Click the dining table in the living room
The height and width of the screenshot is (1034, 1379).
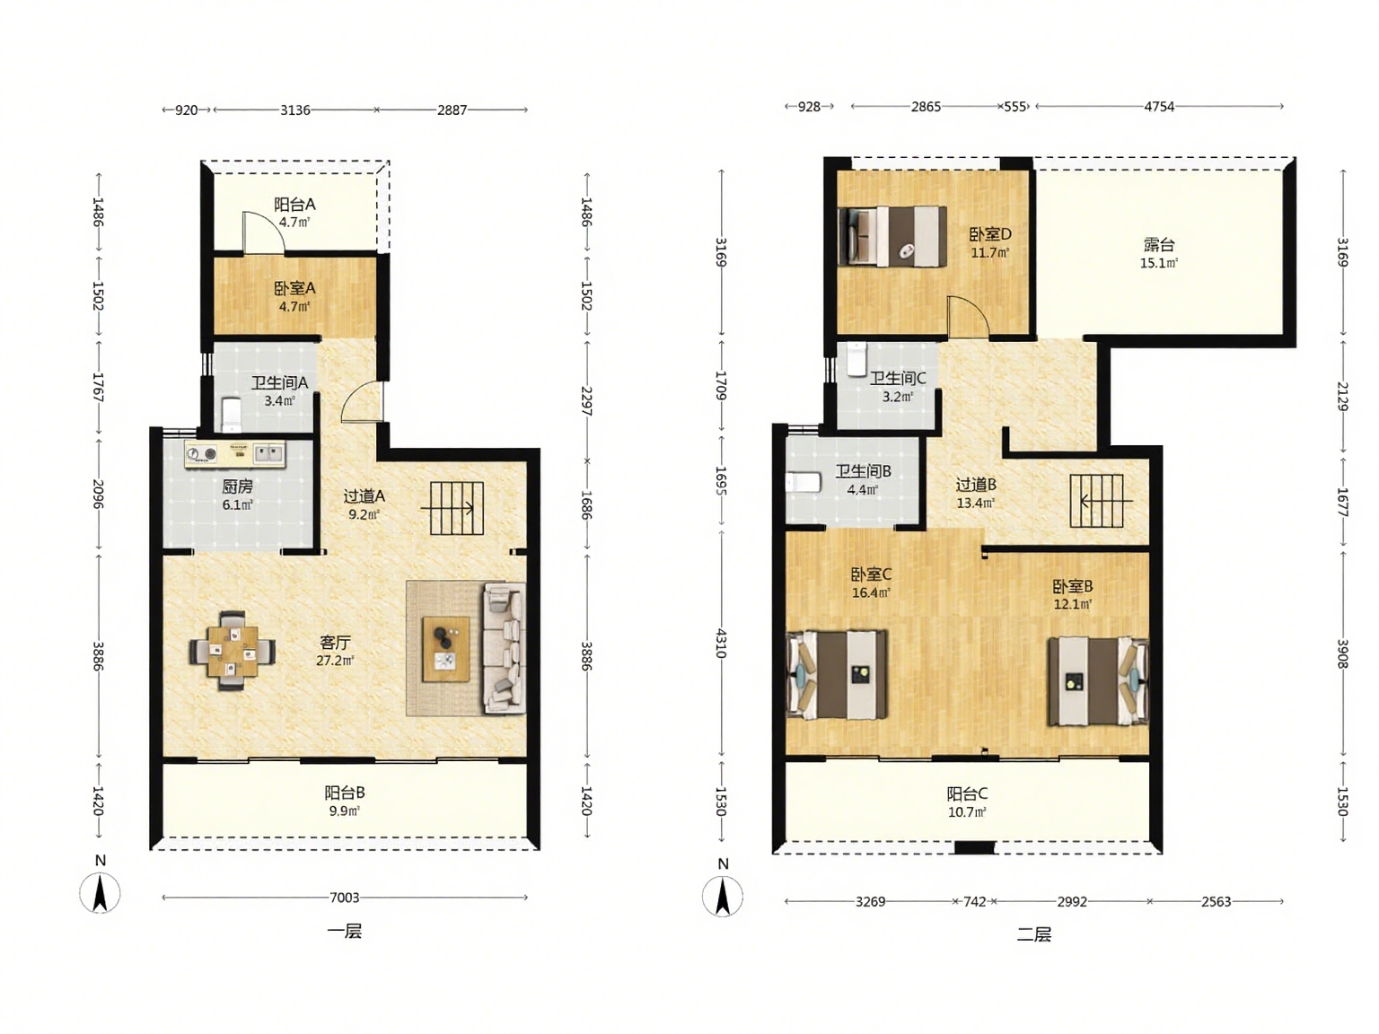(233, 651)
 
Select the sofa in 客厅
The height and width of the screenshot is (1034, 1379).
(504, 649)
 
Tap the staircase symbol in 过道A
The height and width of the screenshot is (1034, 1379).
(456, 508)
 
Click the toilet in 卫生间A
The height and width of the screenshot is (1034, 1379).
(232, 415)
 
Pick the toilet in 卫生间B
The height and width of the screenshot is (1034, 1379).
(803, 482)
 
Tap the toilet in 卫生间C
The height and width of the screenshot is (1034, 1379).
(856, 358)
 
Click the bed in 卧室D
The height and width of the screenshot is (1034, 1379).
(892, 237)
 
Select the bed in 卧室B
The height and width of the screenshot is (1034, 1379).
(1098, 681)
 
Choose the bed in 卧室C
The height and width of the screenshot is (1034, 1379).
(837, 675)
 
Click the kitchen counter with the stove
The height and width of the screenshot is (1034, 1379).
(235, 454)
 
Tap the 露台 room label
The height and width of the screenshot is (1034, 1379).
(1159, 245)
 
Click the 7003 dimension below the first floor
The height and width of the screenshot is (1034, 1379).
(344, 898)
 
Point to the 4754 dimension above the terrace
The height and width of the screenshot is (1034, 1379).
(1159, 107)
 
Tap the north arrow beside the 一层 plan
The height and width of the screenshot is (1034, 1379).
(100, 893)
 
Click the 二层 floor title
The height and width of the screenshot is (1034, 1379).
(1033, 934)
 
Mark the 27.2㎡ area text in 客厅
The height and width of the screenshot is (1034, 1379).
(335, 661)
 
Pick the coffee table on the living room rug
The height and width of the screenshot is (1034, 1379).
(446, 649)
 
